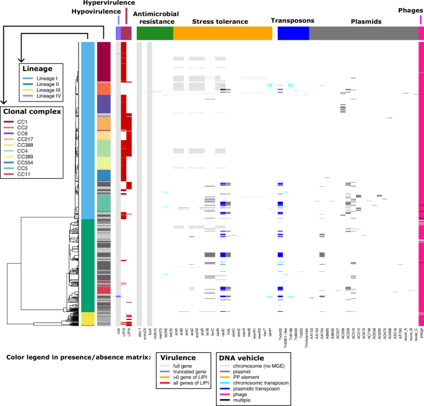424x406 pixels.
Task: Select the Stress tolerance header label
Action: pos(220,22)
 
